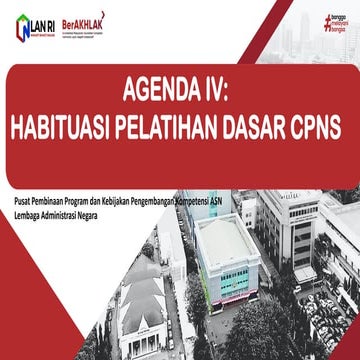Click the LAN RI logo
(29, 24)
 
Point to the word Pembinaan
(58, 200)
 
